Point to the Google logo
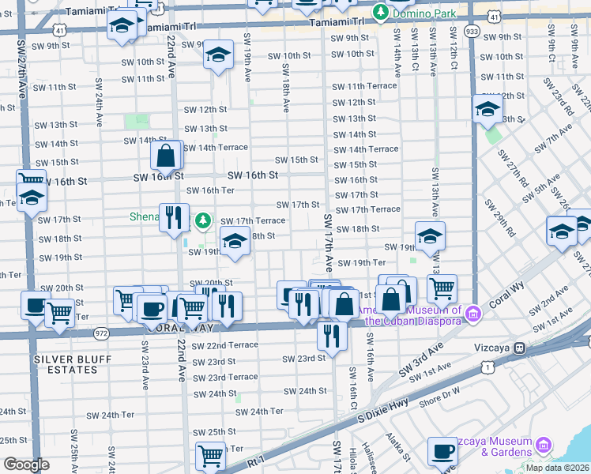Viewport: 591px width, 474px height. coord(26,465)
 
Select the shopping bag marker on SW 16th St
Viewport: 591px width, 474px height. coord(166,156)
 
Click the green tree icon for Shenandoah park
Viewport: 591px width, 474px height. coord(204,218)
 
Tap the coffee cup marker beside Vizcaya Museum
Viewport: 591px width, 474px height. coord(442,452)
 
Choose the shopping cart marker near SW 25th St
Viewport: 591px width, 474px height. coord(211,455)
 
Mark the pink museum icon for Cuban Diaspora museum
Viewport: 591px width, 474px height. coord(473,314)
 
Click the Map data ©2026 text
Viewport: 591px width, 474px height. coord(557,468)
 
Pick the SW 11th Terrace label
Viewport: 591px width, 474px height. coord(364,86)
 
